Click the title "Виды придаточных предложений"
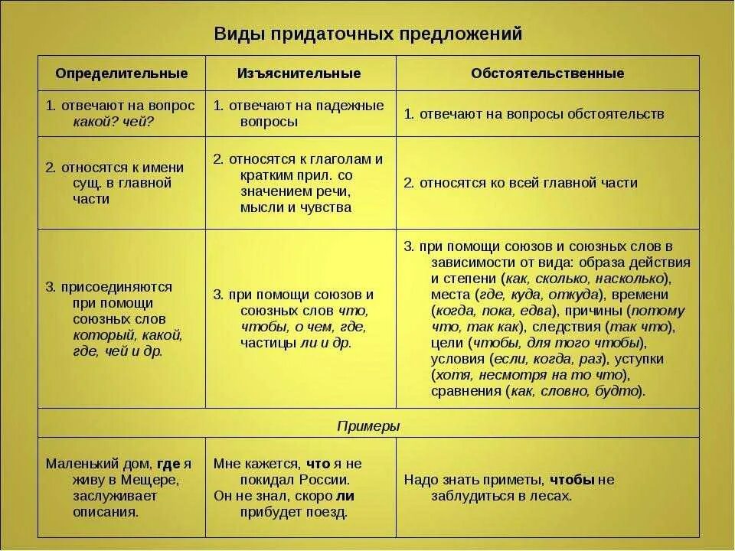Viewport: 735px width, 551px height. click(367, 34)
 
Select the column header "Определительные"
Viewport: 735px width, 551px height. click(122, 73)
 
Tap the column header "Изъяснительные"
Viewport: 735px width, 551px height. click(299, 73)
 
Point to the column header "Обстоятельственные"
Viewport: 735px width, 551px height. click(547, 73)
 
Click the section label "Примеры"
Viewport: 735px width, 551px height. click(368, 426)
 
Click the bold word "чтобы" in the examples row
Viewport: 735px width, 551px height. click(572, 480)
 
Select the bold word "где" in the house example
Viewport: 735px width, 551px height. click(168, 464)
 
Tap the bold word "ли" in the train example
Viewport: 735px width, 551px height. click(346, 496)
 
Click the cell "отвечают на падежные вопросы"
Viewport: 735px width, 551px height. click(300, 113)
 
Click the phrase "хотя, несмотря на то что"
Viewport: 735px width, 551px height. click(529, 375)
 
